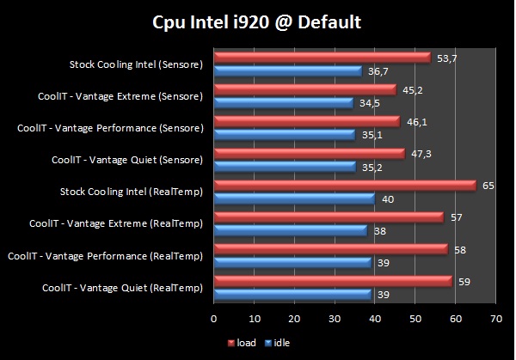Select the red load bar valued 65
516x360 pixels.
click(x=344, y=185)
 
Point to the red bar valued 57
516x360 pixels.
click(x=328, y=217)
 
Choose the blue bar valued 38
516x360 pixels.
click(x=290, y=230)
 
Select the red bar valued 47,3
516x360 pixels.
click(x=309, y=153)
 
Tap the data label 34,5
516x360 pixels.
click(x=366, y=102)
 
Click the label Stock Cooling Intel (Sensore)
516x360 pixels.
click(x=136, y=64)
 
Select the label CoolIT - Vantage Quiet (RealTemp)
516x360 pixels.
click(x=121, y=287)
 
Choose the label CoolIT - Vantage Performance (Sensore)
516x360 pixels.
click(x=110, y=128)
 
